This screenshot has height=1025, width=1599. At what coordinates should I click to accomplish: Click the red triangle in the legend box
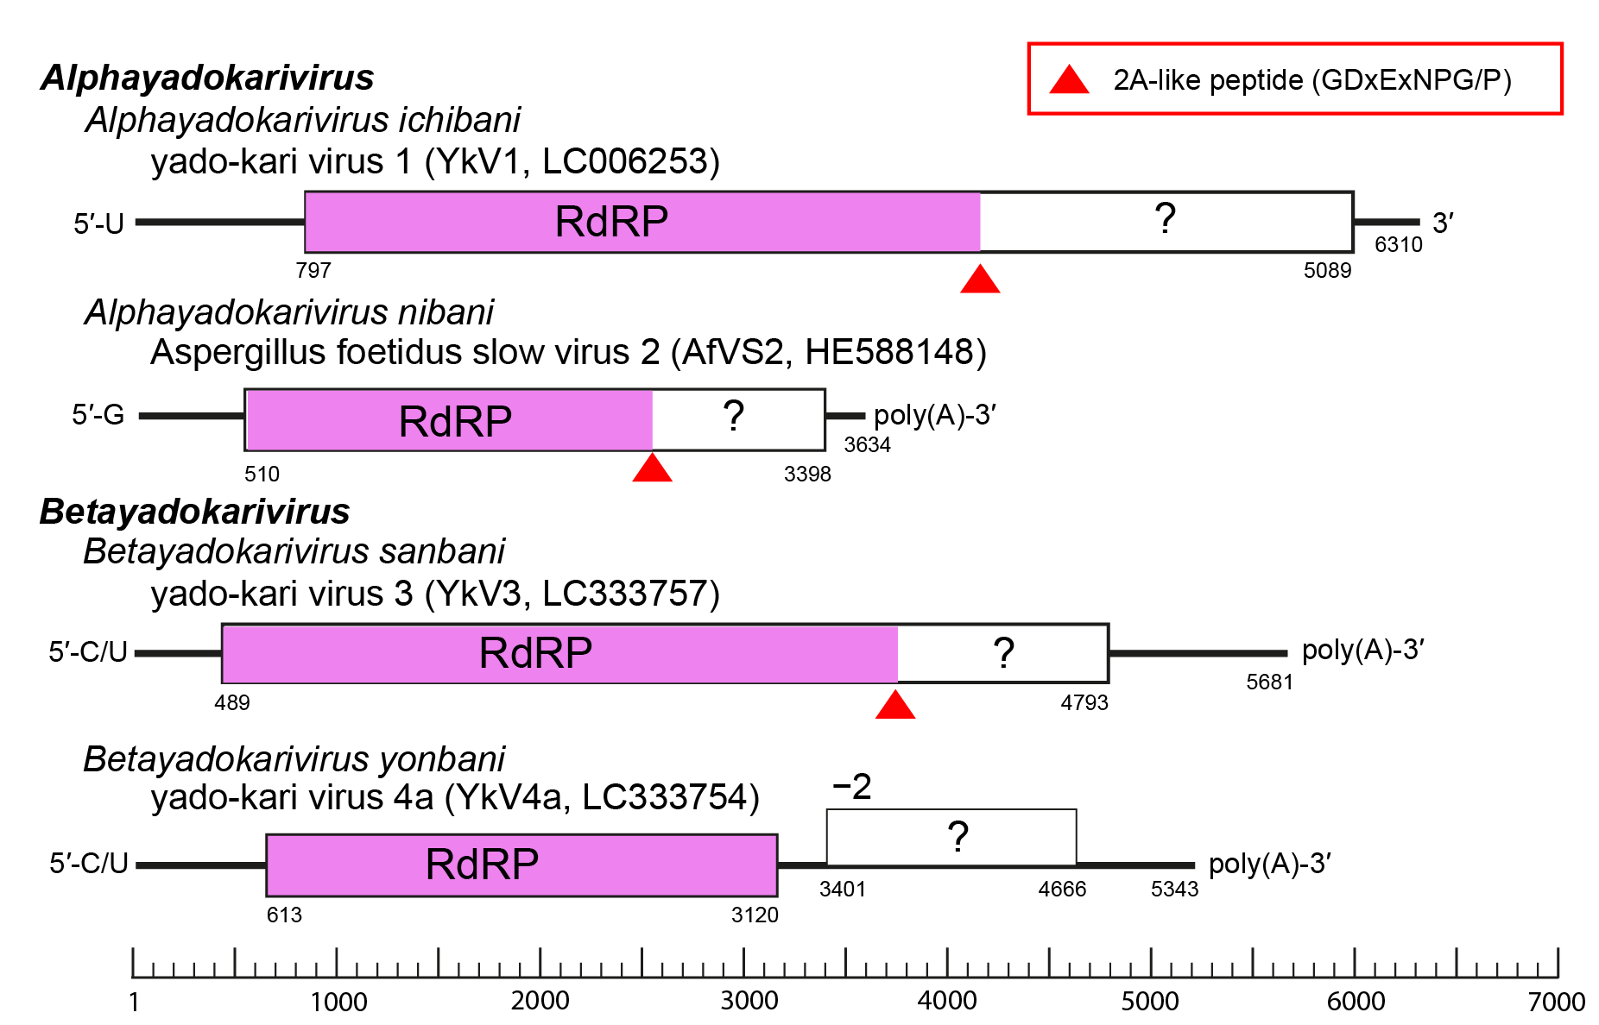[1068, 80]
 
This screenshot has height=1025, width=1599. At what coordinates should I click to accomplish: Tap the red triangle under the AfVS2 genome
[652, 469]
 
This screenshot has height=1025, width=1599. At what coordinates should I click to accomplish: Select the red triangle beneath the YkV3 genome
[894, 706]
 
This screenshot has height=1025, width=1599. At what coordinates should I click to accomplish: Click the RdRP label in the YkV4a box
[482, 865]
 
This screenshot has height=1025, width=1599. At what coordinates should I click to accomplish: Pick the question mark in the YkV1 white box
[1165, 219]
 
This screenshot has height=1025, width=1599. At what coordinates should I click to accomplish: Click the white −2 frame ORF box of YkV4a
[951, 837]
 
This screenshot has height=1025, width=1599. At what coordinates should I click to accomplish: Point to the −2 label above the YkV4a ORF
[851, 786]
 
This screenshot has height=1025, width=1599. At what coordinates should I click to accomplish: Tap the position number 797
[313, 271]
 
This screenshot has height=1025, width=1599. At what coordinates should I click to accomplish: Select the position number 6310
[1398, 245]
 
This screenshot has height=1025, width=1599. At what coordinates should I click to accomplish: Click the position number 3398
[807, 475]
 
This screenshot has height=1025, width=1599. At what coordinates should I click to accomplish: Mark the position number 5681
[1268, 682]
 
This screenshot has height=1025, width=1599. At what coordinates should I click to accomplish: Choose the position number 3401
[842, 890]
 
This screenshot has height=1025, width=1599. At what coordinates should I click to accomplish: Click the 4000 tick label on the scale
[946, 1001]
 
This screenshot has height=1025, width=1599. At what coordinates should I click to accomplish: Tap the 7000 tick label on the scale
[1556, 1002]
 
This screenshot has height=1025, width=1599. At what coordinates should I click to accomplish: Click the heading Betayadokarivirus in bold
[194, 512]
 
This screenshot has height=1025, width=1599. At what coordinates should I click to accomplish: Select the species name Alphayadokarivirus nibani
[288, 312]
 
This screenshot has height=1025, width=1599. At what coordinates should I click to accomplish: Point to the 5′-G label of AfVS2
[98, 415]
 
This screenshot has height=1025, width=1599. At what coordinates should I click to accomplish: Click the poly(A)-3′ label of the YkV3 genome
[1362, 650]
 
